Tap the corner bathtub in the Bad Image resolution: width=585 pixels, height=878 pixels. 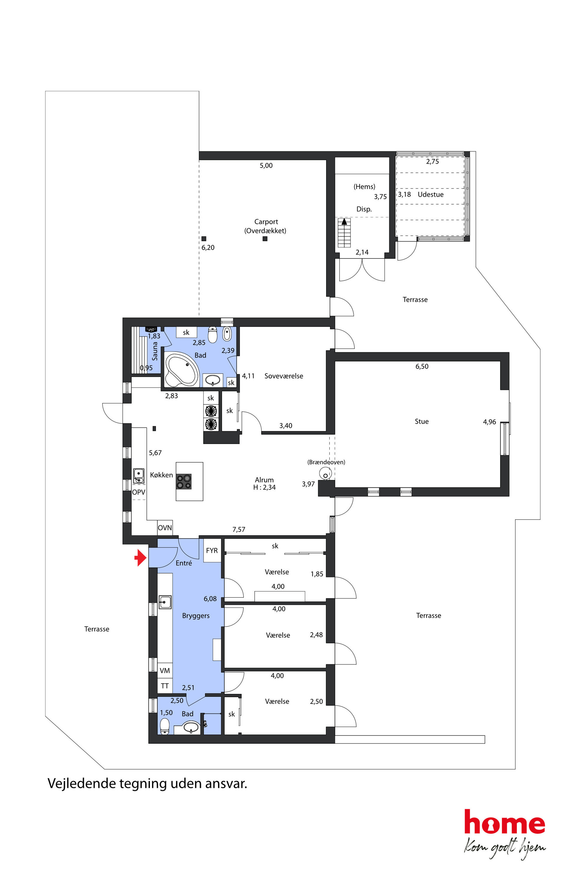coord(182,369)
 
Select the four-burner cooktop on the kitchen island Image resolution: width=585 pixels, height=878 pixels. coord(184,481)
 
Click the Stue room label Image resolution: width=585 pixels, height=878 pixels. coord(422,422)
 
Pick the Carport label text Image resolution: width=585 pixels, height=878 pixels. coord(266,222)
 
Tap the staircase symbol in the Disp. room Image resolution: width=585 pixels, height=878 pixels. coord(344,232)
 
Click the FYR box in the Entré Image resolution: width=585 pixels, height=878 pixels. coord(212,550)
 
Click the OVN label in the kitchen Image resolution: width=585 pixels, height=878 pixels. coord(165,528)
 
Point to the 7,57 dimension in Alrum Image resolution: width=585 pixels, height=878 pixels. coord(239,529)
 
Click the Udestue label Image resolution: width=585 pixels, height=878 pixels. coord(430,194)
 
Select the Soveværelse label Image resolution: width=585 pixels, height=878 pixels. coord(284,376)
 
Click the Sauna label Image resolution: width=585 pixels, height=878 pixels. coord(155,351)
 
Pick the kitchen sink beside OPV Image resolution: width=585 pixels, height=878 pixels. coord(139,476)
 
